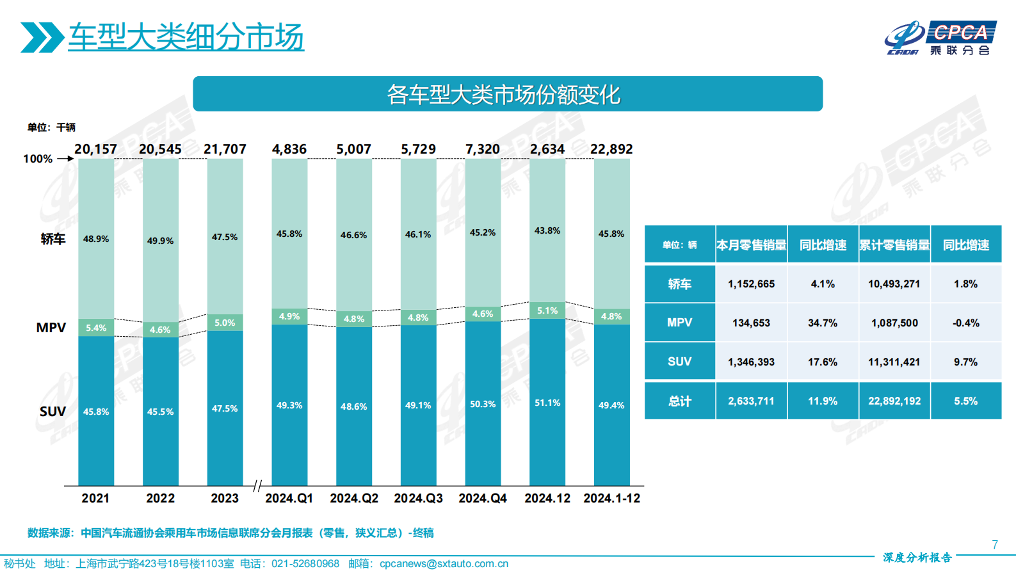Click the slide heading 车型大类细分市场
click(186, 37)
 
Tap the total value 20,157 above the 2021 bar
click(96, 149)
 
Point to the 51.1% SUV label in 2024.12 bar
click(547, 403)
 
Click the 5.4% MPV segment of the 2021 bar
click(96, 328)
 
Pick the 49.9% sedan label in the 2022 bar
click(160, 241)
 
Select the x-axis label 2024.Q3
click(418, 498)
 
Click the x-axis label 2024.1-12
click(611, 498)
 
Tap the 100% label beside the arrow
click(38, 159)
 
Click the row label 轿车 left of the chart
click(53, 239)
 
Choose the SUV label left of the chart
click(52, 411)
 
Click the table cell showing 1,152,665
click(751, 284)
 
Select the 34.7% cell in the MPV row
click(823, 323)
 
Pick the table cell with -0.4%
click(965, 323)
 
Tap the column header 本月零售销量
click(751, 245)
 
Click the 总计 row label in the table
click(679, 401)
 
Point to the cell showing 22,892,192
click(894, 401)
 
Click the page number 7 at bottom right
click(995, 545)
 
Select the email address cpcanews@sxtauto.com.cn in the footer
click(444, 563)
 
